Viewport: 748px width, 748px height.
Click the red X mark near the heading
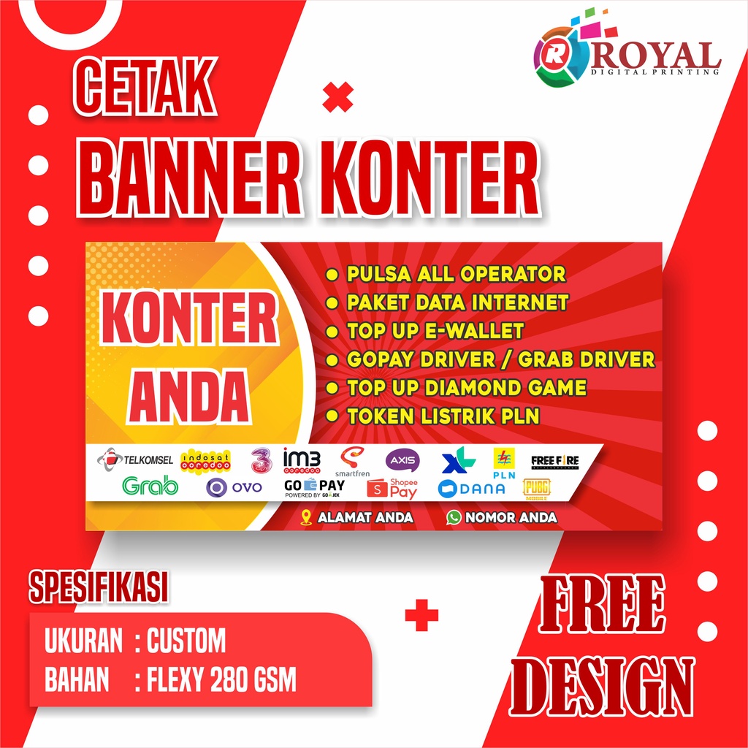click(337, 97)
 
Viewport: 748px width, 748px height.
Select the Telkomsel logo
click(136, 459)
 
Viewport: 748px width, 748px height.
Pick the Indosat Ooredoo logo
click(205, 461)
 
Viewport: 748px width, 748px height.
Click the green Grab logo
click(150, 486)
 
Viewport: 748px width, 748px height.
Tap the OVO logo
click(234, 488)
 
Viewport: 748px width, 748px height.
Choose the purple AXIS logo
click(402, 460)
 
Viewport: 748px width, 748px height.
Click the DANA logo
click(471, 489)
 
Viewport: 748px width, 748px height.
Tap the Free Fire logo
click(554, 461)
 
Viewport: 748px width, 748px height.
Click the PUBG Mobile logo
click(536, 489)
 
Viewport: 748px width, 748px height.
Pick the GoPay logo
click(314, 487)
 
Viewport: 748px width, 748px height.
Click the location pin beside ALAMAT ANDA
click(307, 517)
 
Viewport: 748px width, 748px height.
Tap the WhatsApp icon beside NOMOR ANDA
click(454, 517)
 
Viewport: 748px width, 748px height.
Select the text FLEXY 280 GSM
click(221, 681)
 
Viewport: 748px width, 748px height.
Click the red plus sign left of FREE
click(421, 615)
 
